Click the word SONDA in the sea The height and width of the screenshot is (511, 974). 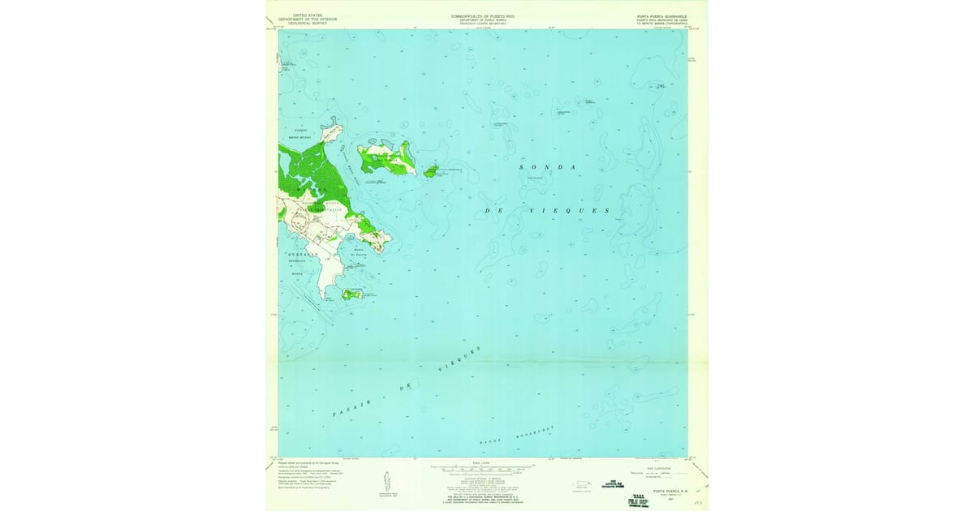click(x=548, y=167)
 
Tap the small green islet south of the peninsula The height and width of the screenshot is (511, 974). click(x=351, y=294)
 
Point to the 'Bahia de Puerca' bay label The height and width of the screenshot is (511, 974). click(x=360, y=253)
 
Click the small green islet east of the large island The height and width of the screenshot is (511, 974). click(x=431, y=170)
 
